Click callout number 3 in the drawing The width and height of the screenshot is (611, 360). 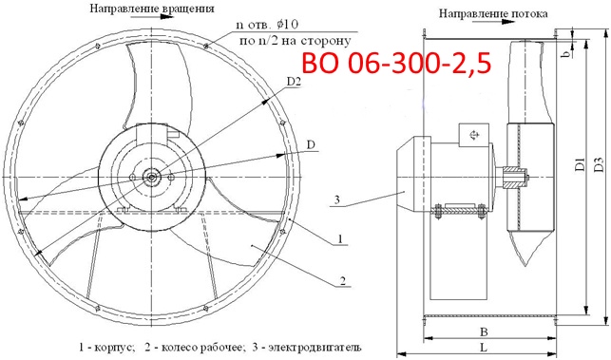click(336, 199)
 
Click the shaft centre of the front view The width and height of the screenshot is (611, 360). click(152, 176)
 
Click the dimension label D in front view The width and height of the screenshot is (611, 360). click(311, 144)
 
